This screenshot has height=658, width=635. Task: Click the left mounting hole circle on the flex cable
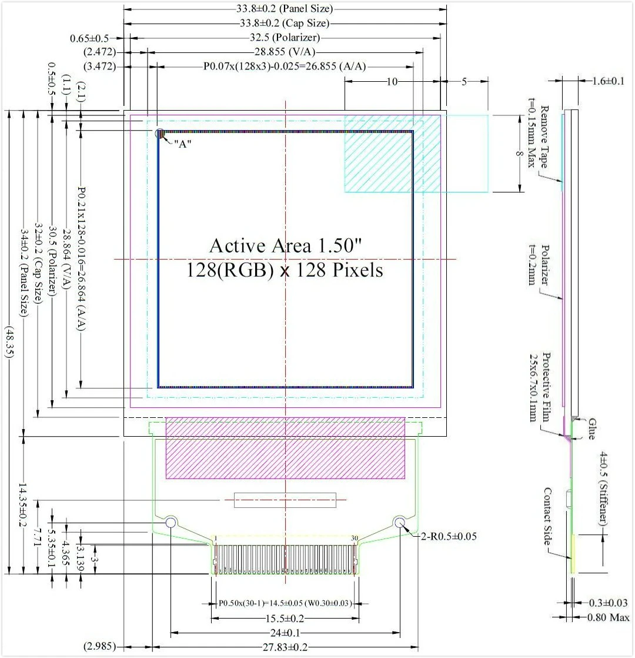171,522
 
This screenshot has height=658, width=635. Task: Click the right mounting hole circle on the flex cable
400,522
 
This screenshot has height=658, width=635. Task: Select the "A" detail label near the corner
181,145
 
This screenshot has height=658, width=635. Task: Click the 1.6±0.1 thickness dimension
606,81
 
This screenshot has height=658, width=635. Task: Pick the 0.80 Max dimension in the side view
609,617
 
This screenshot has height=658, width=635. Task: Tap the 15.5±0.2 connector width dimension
285,619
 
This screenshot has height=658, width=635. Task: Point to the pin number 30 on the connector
354,538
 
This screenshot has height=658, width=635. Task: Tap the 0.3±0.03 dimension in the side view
609,603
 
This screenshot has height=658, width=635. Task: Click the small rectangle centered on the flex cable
285,500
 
